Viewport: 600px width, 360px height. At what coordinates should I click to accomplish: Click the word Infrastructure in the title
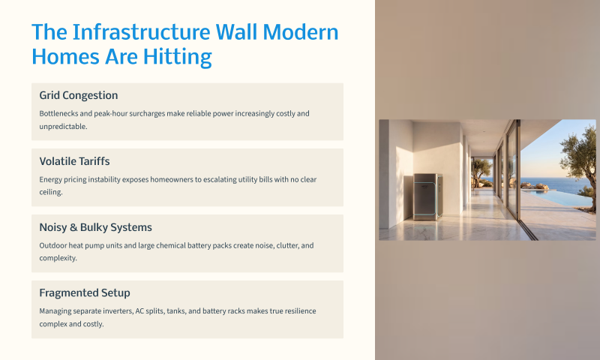coord(141,31)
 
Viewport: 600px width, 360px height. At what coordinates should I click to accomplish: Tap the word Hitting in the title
coord(178,57)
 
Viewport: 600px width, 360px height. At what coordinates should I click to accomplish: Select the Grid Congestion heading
coord(79,95)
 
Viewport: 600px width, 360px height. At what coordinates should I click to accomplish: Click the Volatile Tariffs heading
coord(74,161)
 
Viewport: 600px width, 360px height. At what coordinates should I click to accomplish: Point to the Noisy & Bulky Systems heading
coord(96,227)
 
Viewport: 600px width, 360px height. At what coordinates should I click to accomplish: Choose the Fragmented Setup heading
coord(85,293)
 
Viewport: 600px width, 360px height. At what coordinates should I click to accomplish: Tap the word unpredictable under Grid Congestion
coord(63,127)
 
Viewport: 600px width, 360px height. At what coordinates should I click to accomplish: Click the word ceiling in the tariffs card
coord(50,192)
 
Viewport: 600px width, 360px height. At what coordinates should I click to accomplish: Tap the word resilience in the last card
coord(301,311)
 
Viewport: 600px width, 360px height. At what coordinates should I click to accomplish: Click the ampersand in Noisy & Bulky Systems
coord(73,227)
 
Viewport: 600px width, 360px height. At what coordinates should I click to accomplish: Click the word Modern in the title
coord(301,31)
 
